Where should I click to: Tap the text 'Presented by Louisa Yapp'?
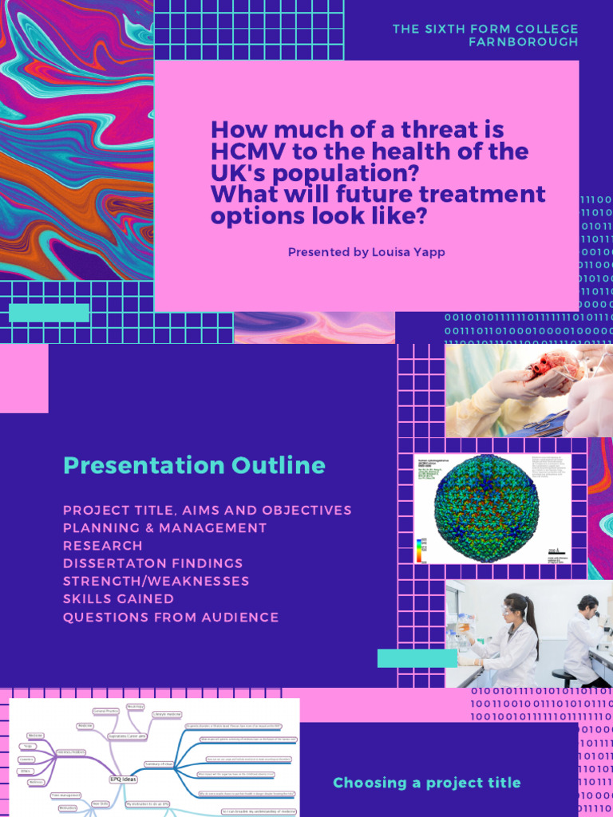(x=366, y=252)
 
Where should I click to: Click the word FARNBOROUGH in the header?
(x=524, y=41)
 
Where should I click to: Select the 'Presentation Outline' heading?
(x=194, y=466)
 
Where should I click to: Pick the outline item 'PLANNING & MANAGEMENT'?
(x=165, y=528)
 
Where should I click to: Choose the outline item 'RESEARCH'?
(x=103, y=546)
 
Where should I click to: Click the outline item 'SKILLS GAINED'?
(x=119, y=598)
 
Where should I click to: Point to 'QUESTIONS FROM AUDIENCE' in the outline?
(x=171, y=617)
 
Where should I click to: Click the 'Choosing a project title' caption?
(x=426, y=783)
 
